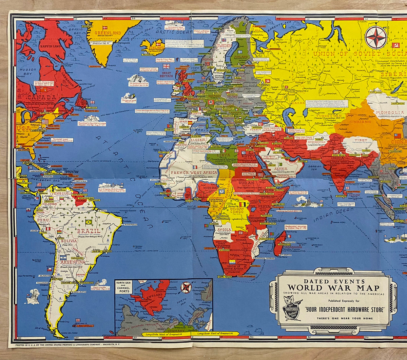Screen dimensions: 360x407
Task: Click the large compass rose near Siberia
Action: tap(376, 37)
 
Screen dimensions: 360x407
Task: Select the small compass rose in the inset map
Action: tap(186, 287)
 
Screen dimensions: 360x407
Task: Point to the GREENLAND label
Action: tap(108, 33)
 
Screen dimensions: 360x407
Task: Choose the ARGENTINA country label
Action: tap(73, 262)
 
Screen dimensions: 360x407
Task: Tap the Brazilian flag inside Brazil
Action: tap(89, 222)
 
